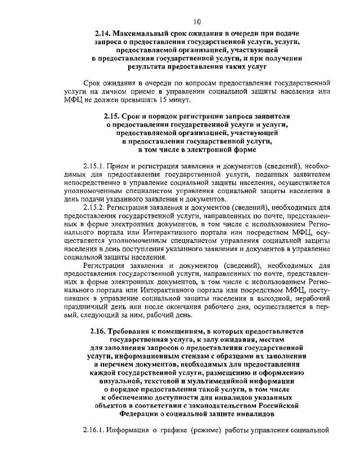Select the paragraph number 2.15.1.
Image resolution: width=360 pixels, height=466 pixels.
click(x=93, y=167)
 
